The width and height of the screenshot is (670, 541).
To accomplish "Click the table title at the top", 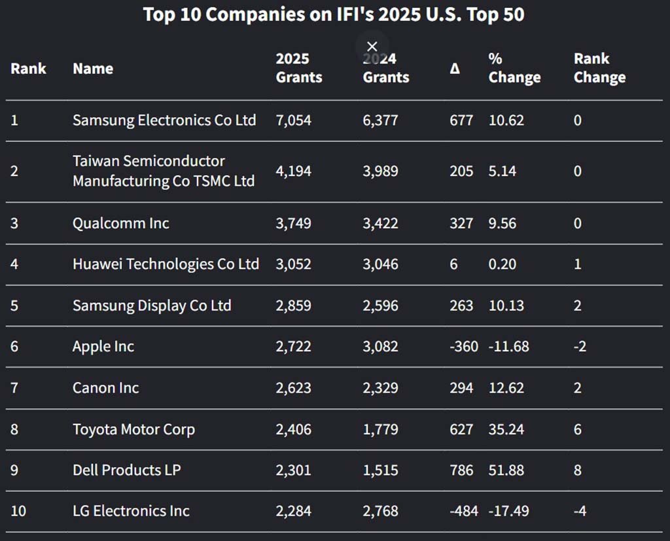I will (334, 14).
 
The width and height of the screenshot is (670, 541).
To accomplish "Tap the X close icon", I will (372, 46).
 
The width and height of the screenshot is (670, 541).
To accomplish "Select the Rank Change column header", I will (599, 68).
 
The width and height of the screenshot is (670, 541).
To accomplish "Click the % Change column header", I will (514, 68).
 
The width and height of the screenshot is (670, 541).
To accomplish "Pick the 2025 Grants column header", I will (298, 68).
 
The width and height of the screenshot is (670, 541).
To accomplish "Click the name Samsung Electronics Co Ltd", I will (164, 120).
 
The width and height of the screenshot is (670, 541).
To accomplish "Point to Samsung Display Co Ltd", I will (152, 305).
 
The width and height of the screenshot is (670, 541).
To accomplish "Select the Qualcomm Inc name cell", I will (120, 223).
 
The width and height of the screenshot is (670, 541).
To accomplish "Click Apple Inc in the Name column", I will (103, 347).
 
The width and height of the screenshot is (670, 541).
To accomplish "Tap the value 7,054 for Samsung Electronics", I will (293, 120).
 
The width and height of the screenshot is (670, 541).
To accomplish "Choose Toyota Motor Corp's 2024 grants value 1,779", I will (380, 429).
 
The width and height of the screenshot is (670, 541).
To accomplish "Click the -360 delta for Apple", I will (464, 347).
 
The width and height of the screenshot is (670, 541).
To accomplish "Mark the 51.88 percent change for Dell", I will (506, 470).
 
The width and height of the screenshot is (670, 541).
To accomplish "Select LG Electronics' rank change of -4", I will (579, 511).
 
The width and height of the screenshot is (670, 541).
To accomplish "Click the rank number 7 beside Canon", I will (14, 388).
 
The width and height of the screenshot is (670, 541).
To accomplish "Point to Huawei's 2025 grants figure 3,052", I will (293, 264).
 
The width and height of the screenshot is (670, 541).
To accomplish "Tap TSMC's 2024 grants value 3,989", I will (380, 171).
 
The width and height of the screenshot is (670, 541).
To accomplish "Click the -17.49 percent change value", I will (508, 511).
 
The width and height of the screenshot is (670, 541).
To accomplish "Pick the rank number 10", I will (18, 511).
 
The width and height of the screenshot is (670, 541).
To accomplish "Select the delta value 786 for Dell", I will (461, 470).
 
